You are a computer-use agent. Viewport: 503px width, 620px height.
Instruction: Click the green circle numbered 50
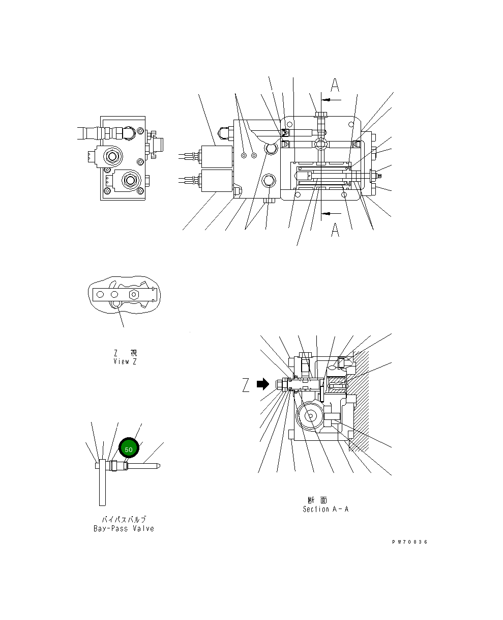coord(129,449)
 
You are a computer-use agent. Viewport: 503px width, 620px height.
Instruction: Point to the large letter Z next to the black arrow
coord(246,386)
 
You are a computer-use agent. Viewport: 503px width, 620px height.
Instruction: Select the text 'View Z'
coord(125,361)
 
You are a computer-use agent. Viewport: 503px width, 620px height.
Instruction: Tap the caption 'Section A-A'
coord(326,509)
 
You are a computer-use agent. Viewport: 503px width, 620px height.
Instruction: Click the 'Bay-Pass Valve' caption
coord(124,528)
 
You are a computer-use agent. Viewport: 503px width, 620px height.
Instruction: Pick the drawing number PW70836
coord(409,542)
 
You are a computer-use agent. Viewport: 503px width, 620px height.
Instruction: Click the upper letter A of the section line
coord(335,85)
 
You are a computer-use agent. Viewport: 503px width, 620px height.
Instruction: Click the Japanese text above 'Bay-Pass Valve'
coord(124,519)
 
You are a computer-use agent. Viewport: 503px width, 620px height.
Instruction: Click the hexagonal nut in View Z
coord(134,294)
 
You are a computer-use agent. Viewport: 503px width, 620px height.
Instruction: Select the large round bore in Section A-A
coord(311,416)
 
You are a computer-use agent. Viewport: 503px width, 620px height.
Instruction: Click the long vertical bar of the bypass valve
coord(102,483)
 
